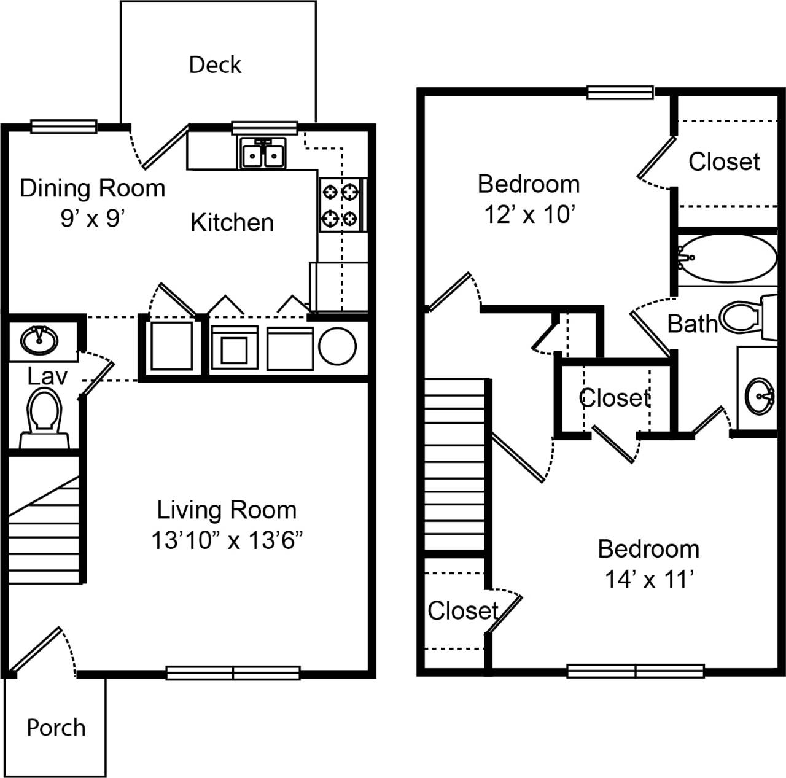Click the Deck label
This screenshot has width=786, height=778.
(215, 64)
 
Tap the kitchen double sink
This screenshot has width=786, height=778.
(263, 153)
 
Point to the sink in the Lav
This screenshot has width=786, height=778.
(39, 338)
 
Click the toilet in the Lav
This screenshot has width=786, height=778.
(44, 413)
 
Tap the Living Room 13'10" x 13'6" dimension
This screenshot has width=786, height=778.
(227, 540)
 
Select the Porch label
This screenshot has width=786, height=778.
(56, 728)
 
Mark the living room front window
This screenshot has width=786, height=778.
(233, 673)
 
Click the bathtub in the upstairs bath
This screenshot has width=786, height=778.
(728, 259)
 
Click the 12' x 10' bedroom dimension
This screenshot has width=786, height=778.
(529, 214)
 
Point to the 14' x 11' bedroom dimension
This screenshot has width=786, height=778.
(649, 579)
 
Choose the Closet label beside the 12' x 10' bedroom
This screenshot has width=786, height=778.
(724, 162)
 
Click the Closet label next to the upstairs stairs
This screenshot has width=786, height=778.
(462, 610)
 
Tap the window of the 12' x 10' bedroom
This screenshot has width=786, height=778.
(620, 92)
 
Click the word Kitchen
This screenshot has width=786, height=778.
(232, 223)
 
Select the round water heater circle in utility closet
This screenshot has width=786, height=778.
(337, 346)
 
